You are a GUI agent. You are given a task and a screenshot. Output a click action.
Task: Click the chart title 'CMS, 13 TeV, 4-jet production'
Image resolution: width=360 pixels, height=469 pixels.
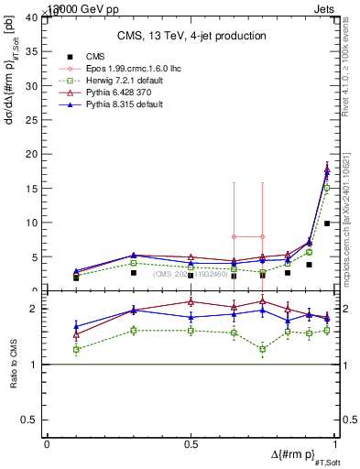[191, 36]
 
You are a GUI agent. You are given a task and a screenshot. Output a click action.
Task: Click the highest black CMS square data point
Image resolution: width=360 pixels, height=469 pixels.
[327, 223]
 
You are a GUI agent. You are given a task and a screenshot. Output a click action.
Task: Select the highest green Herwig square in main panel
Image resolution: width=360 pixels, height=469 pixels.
[327, 188]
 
